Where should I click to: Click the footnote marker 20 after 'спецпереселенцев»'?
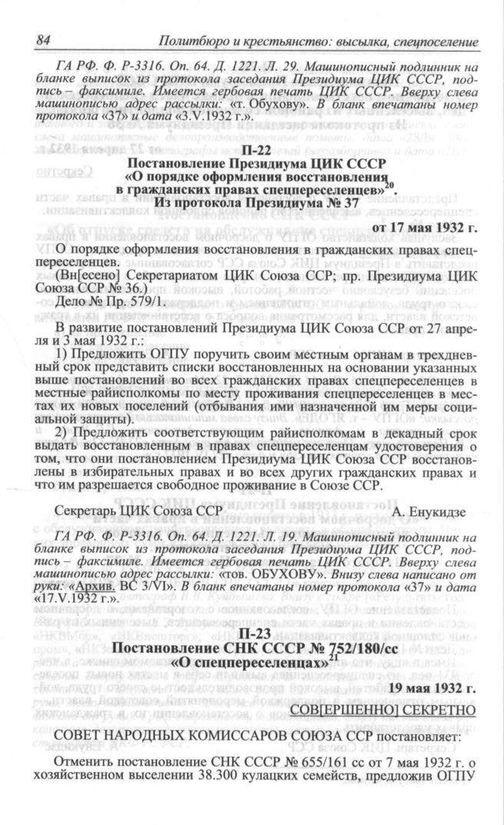click(391, 183)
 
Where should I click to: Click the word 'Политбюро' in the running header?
click(194, 40)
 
